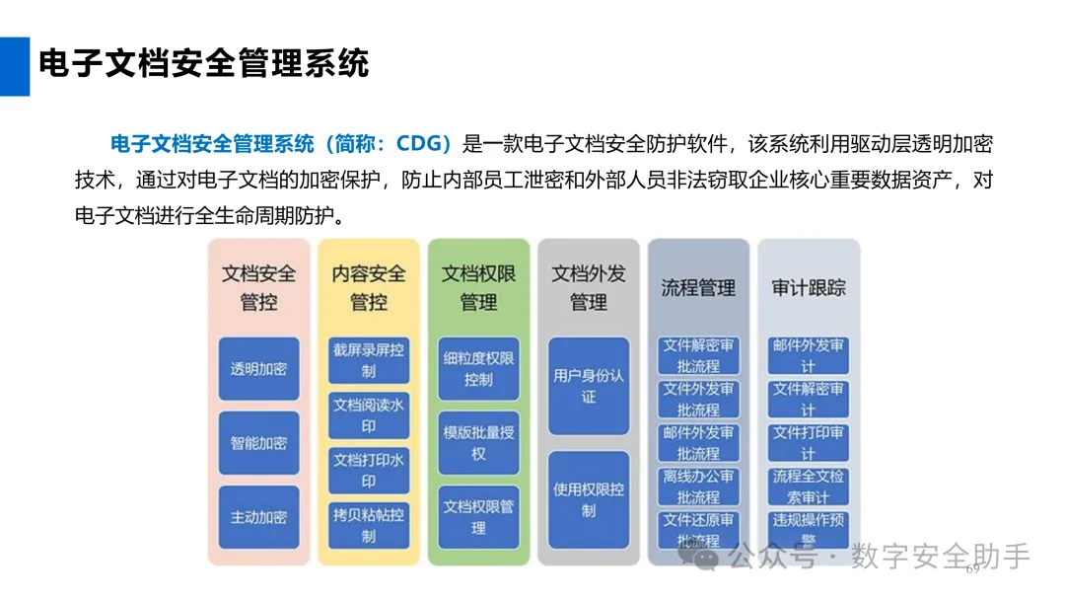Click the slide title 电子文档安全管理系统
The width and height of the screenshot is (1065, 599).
203,63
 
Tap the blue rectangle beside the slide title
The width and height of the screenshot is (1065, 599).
14,66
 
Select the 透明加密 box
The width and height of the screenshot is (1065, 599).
258,369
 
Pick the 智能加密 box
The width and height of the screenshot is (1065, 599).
258,443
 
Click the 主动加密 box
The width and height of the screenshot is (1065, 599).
258,517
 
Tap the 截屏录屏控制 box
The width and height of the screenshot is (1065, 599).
369,360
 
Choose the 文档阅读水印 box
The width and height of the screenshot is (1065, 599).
369,415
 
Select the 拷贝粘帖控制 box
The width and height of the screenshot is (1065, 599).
369,525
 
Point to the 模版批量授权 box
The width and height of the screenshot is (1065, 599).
478,442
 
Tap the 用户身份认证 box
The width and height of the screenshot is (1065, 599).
589,386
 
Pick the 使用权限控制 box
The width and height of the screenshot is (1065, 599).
589,499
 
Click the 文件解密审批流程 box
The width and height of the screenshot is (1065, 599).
698,355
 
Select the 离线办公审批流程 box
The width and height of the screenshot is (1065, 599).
698,487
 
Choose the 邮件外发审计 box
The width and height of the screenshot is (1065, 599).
809,355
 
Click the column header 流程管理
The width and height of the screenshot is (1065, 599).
698,288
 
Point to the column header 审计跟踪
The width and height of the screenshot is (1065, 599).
809,288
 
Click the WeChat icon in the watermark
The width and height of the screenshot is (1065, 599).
706,558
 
